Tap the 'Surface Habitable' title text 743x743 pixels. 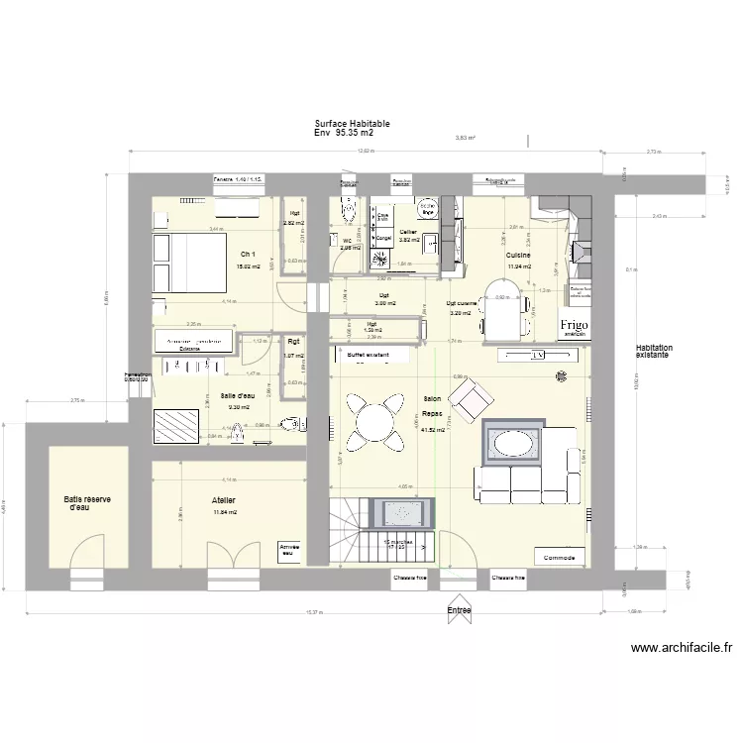tap(352, 124)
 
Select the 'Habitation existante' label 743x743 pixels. tap(654, 352)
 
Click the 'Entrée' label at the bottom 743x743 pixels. tap(459, 611)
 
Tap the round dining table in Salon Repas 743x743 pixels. tap(372, 422)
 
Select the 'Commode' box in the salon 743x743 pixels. tap(560, 557)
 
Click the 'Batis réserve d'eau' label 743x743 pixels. tap(87, 504)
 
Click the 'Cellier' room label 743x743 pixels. tap(408, 230)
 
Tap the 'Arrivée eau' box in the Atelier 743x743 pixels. tap(291, 551)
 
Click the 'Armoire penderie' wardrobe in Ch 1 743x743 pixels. tap(192, 341)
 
